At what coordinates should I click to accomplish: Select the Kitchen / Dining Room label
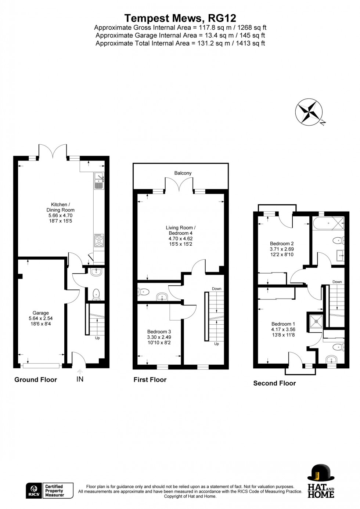[60, 213]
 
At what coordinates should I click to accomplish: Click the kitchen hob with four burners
[99, 241]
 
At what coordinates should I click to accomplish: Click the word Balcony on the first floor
[183, 173]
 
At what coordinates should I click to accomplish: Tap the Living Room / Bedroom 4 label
[180, 236]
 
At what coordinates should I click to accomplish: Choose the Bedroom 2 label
[282, 249]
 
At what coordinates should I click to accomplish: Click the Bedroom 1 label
[283, 329]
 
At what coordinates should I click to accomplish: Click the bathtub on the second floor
[329, 223]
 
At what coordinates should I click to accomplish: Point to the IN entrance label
[80, 379]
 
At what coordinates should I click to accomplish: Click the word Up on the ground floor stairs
[97, 338]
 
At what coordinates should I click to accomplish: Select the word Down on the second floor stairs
[337, 282]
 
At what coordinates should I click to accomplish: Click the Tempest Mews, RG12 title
[180, 18]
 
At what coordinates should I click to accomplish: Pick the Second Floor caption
[274, 383]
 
